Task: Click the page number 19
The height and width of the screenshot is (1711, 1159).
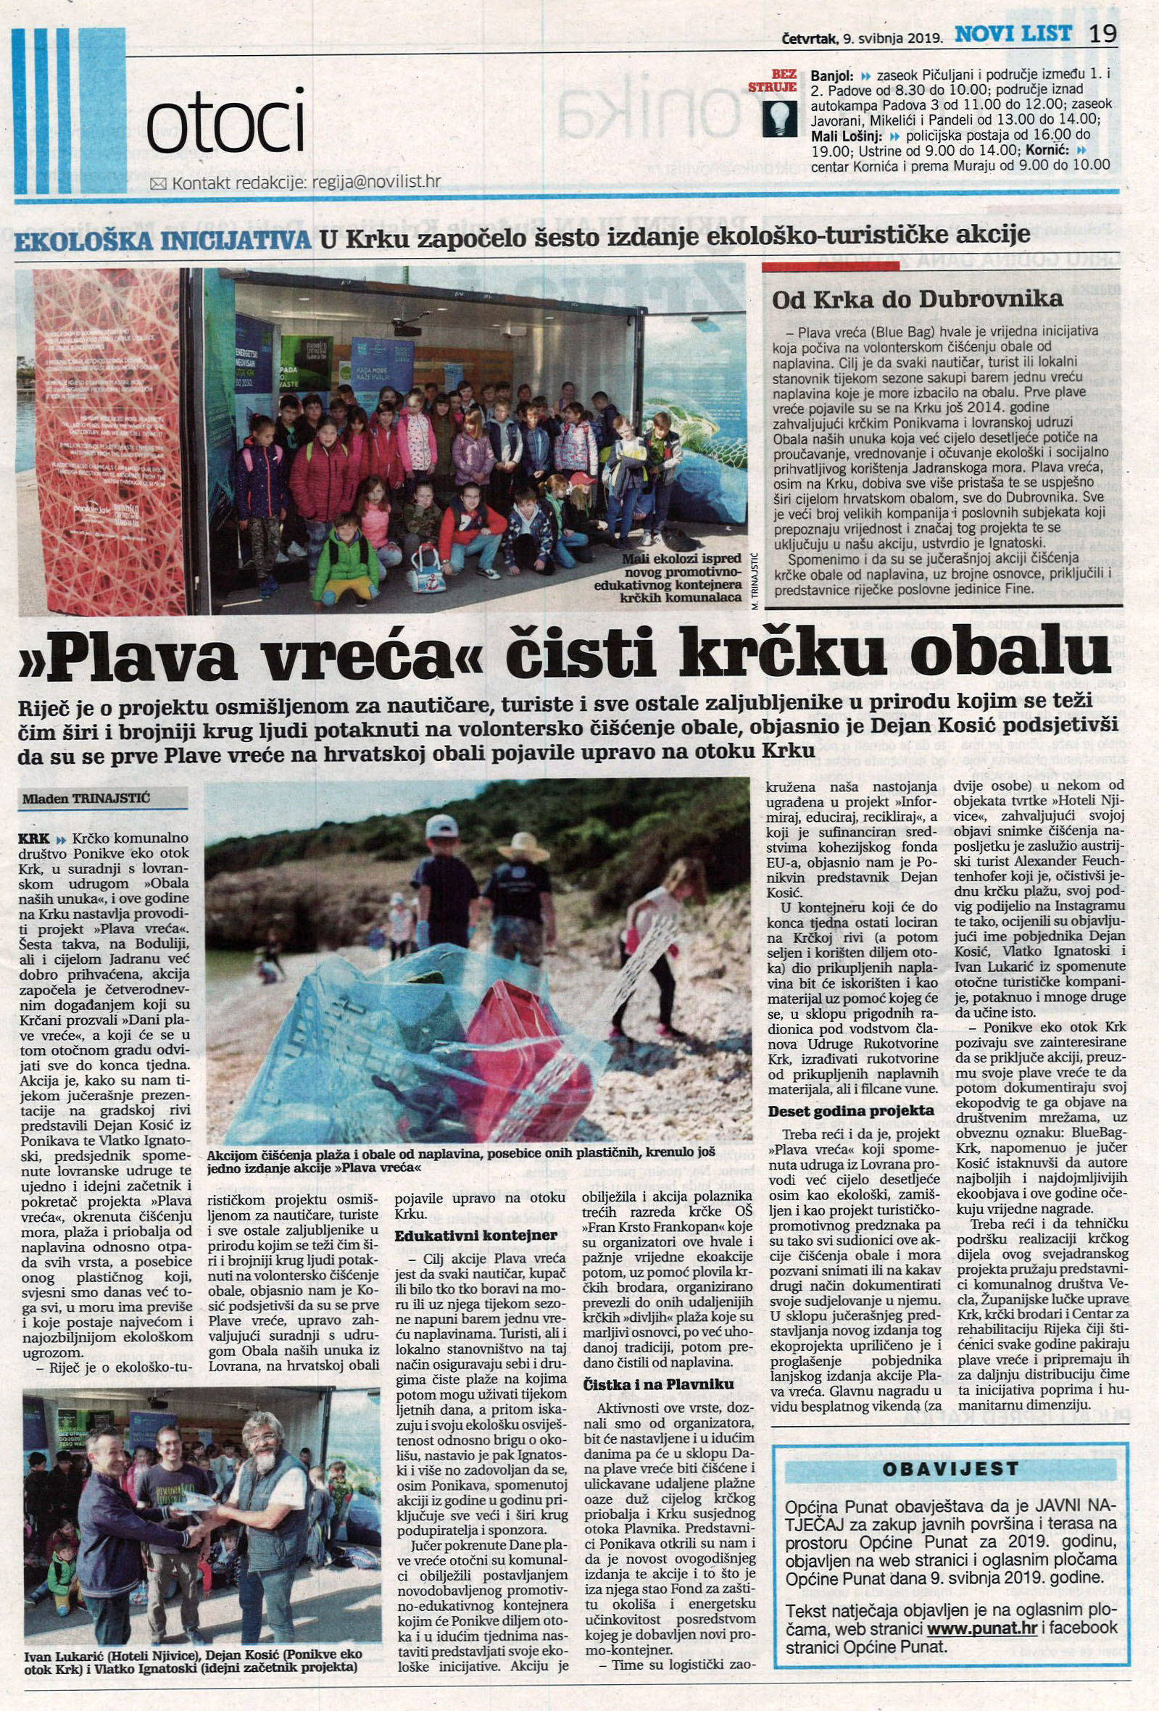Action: click(x=1103, y=34)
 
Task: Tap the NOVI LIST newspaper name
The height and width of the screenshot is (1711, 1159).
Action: click(x=1013, y=34)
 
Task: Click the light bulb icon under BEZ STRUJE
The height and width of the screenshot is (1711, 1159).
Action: click(x=780, y=118)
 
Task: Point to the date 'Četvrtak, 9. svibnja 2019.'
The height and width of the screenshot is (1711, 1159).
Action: click(x=863, y=37)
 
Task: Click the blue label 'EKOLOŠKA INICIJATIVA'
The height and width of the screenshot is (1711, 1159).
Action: click(x=163, y=241)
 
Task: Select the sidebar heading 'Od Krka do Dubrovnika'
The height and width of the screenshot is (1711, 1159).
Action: click(x=917, y=299)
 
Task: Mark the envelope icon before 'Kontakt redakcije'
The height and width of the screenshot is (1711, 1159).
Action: click(x=158, y=184)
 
